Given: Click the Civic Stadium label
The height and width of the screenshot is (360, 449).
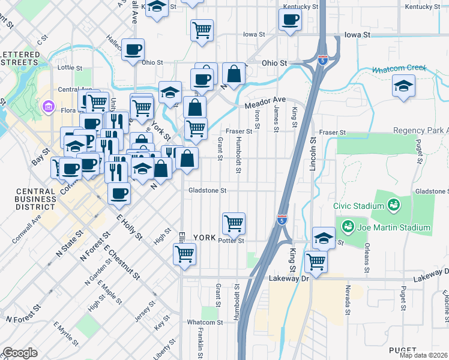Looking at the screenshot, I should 360,206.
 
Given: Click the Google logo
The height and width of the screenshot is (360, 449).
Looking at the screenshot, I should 20,353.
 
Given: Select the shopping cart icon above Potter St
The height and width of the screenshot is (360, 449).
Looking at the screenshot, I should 234,223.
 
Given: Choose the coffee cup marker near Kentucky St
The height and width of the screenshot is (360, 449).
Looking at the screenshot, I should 290,19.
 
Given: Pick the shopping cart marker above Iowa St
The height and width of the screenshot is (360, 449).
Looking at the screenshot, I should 202,29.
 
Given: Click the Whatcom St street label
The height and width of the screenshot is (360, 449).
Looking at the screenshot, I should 205,322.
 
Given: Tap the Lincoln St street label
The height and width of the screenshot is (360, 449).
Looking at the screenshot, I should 313,154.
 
